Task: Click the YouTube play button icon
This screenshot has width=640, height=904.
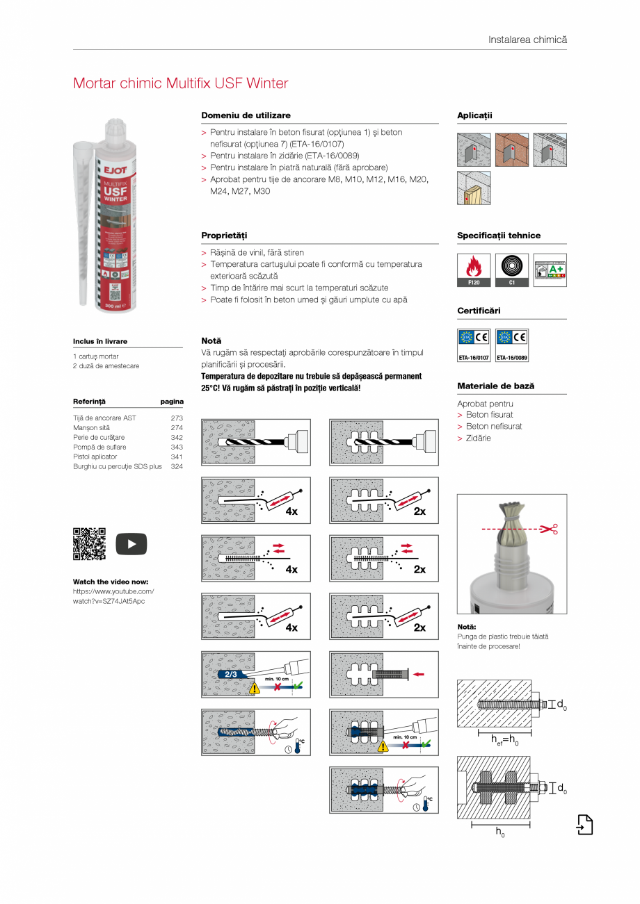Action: pos(131,543)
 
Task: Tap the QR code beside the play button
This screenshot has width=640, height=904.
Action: pos(89,543)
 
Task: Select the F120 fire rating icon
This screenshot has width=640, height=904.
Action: pos(474,270)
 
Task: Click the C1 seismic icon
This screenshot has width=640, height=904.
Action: pos(511,270)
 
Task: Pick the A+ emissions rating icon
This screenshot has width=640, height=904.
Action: pos(550,270)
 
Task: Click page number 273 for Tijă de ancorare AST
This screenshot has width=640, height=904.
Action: pos(177,418)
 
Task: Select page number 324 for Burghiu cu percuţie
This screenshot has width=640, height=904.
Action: pos(177,466)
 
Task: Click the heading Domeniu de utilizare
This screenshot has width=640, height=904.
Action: pos(246,115)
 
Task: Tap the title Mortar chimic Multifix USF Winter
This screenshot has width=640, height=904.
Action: pos(180,83)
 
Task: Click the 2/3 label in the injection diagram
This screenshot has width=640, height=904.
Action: pos(231,674)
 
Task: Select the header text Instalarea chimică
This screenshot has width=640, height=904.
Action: pos(527,40)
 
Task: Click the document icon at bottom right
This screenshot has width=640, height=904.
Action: pos(584,825)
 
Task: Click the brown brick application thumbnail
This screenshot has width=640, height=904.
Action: pos(511,149)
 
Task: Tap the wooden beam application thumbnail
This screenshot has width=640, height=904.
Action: pos(474,188)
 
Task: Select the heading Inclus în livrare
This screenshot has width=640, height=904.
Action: pos(100,341)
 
